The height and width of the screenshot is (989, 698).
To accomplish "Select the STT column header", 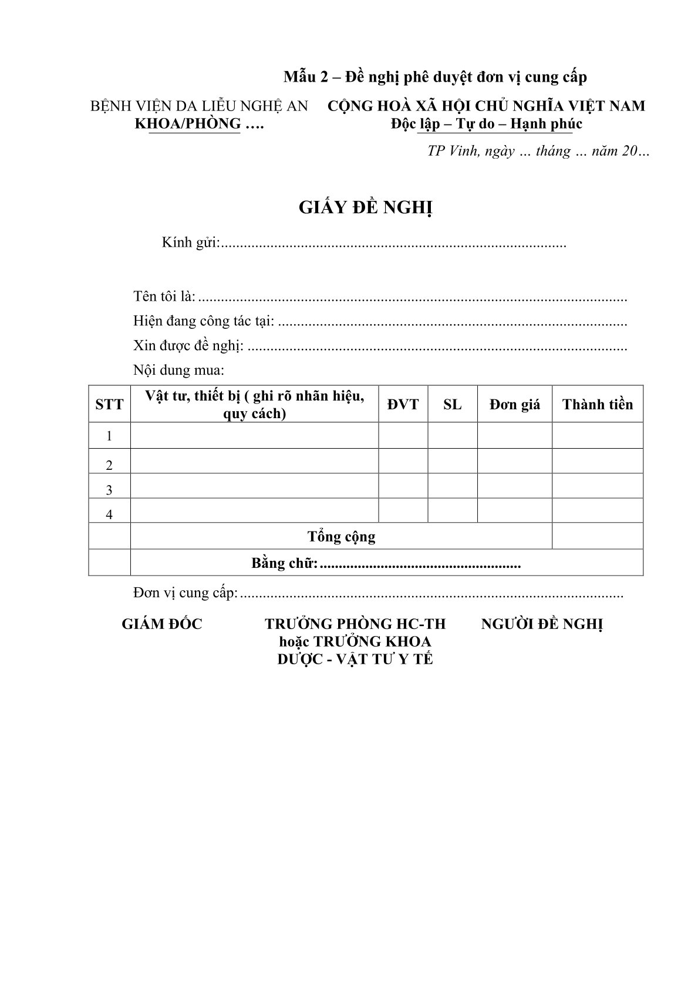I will pyautogui.click(x=109, y=405).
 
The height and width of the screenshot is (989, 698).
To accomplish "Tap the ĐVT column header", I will pyautogui.click(x=403, y=405).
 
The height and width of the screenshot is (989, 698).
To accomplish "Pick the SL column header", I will pyautogui.click(x=452, y=405).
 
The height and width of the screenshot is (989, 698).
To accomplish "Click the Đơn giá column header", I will pyautogui.click(x=514, y=405).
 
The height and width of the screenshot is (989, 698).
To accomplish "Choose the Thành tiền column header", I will pyautogui.click(x=597, y=405).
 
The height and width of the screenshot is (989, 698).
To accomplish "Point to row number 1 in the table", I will pyautogui.click(x=109, y=436).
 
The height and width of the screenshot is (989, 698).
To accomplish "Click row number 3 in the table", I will pyautogui.click(x=109, y=490).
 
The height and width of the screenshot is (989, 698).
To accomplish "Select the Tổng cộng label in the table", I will pyautogui.click(x=341, y=537).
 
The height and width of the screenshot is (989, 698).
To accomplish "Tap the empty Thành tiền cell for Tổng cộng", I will pyautogui.click(x=597, y=536).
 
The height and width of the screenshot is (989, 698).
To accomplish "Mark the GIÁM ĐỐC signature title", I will pyautogui.click(x=161, y=624).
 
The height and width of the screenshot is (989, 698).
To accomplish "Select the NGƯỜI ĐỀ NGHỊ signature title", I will pyautogui.click(x=542, y=624).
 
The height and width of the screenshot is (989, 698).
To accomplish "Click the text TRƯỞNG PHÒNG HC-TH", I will pyautogui.click(x=355, y=624).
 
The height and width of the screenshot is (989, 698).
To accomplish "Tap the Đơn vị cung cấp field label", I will pyautogui.click(x=186, y=593).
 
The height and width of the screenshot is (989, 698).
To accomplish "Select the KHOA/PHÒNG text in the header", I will pyautogui.click(x=188, y=124).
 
